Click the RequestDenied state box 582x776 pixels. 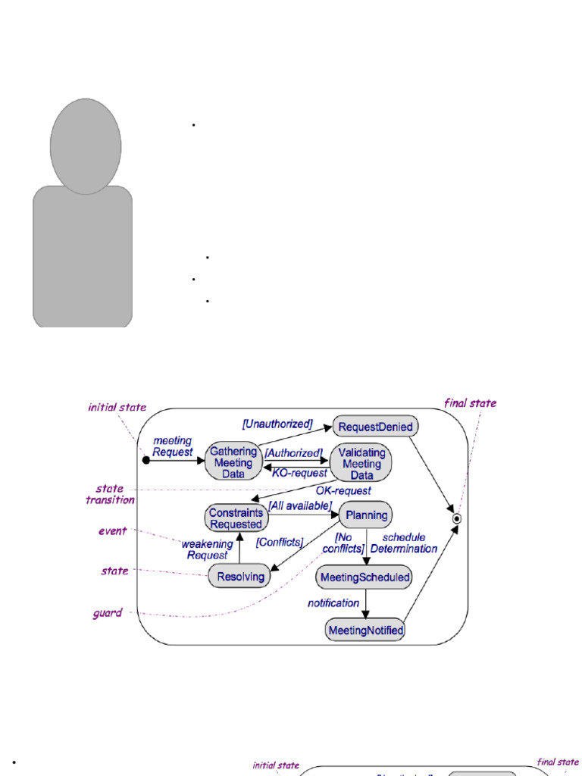tap(375, 427)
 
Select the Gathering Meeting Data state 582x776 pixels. tap(233, 462)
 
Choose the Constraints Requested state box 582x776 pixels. tap(236, 518)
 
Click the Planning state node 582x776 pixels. tap(366, 515)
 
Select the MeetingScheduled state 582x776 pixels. tap(365, 577)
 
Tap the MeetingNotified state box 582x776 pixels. tap(365, 630)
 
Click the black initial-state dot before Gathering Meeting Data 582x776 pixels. tap(146, 459)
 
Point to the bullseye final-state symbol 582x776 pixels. tap(457, 519)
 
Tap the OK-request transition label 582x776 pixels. tap(343, 491)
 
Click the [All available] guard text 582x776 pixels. tap(299, 505)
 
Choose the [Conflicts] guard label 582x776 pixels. tap(280, 542)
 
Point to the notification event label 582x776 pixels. tap(333, 603)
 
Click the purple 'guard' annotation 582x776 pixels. tap(108, 613)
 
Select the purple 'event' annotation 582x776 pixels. tap(113, 531)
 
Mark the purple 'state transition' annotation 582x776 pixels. tap(110, 494)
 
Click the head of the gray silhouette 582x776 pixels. tap(86, 145)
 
